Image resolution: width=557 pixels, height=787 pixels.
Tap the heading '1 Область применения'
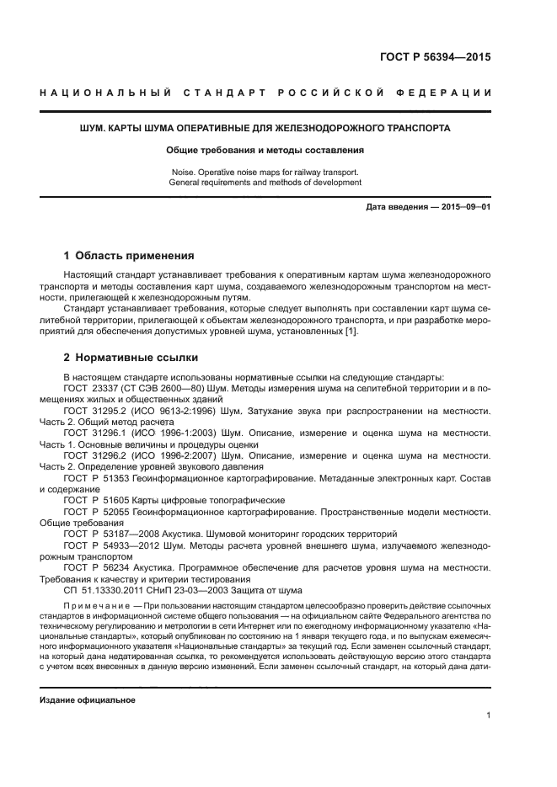click(x=130, y=255)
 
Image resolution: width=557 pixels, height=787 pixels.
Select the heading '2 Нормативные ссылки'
click(x=126, y=357)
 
